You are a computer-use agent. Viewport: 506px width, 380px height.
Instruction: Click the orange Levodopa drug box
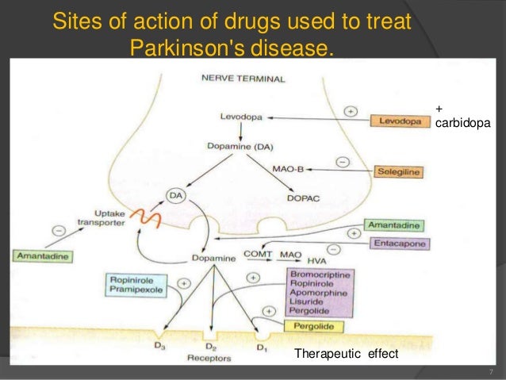400,121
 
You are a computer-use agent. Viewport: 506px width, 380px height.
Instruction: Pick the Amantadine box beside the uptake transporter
40,256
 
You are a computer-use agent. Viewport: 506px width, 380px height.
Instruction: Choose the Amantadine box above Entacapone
394,226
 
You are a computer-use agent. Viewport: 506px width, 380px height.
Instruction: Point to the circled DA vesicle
175,194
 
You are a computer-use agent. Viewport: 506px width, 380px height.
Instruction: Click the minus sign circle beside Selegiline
343,161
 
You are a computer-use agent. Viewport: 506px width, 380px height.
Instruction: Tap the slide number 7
492,371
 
